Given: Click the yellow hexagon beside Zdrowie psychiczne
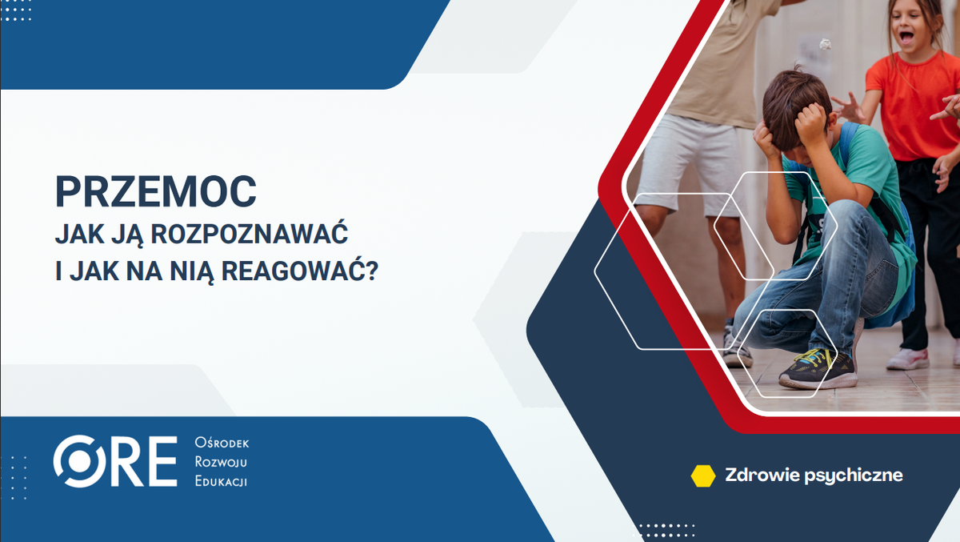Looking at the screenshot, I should [702, 476].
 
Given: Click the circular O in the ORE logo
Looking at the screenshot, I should [80, 462].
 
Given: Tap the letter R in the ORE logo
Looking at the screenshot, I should [124, 462].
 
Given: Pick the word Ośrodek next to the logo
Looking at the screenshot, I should [222, 444].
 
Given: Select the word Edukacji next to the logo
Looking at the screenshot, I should [221, 480].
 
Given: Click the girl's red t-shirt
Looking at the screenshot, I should [908, 104].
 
